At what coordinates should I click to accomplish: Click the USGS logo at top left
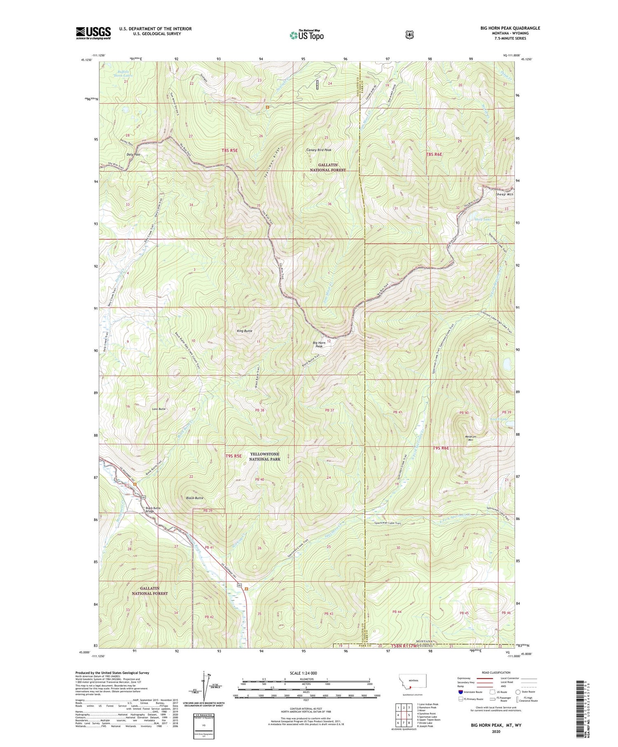pyautogui.click(x=93, y=33)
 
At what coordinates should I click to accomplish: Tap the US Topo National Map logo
pyautogui.click(x=307, y=35)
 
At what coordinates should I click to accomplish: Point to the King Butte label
pyautogui.click(x=244, y=331)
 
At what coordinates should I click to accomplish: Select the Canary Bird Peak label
pyautogui.click(x=318, y=150)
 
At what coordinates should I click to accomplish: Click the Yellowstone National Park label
pyautogui.click(x=265, y=456)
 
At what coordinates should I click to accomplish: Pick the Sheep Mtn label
pyautogui.click(x=504, y=194)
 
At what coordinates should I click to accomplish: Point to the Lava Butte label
pyautogui.click(x=159, y=409)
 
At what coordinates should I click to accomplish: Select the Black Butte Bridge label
pyautogui.click(x=152, y=509)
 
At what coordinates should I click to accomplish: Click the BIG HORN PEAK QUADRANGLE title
pyautogui.click(x=510, y=28)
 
